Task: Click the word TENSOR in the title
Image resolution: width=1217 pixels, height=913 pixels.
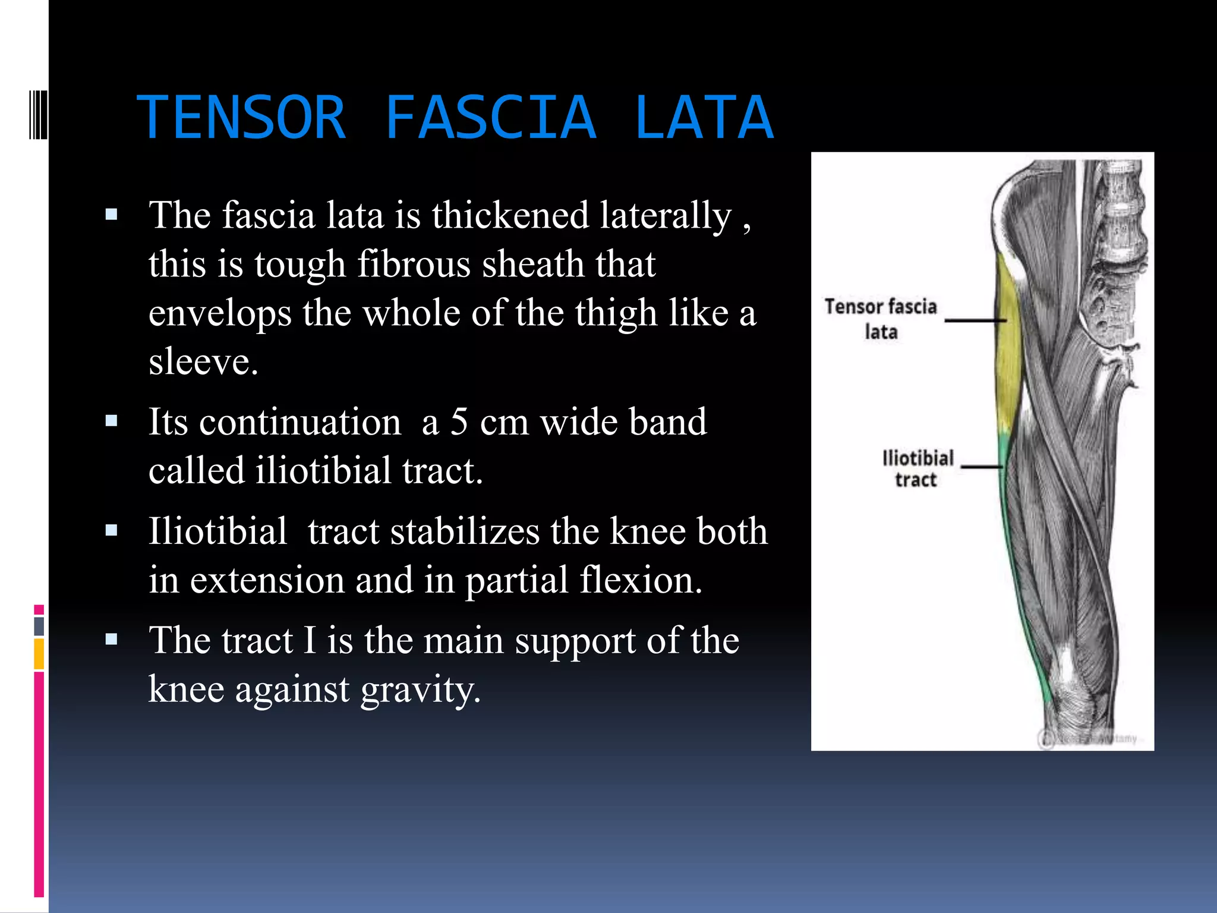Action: coord(241,118)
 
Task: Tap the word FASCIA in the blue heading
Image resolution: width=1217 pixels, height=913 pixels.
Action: coord(490,118)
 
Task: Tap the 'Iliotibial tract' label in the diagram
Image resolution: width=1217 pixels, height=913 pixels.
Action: coord(917,468)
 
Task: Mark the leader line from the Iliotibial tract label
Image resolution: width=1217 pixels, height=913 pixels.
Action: coord(981,467)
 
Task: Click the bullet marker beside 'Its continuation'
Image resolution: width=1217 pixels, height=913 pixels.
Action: coord(111,421)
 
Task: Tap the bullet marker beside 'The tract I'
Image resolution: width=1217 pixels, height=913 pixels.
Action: coord(111,640)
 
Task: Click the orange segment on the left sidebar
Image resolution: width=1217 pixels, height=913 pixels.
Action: coord(39,654)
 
